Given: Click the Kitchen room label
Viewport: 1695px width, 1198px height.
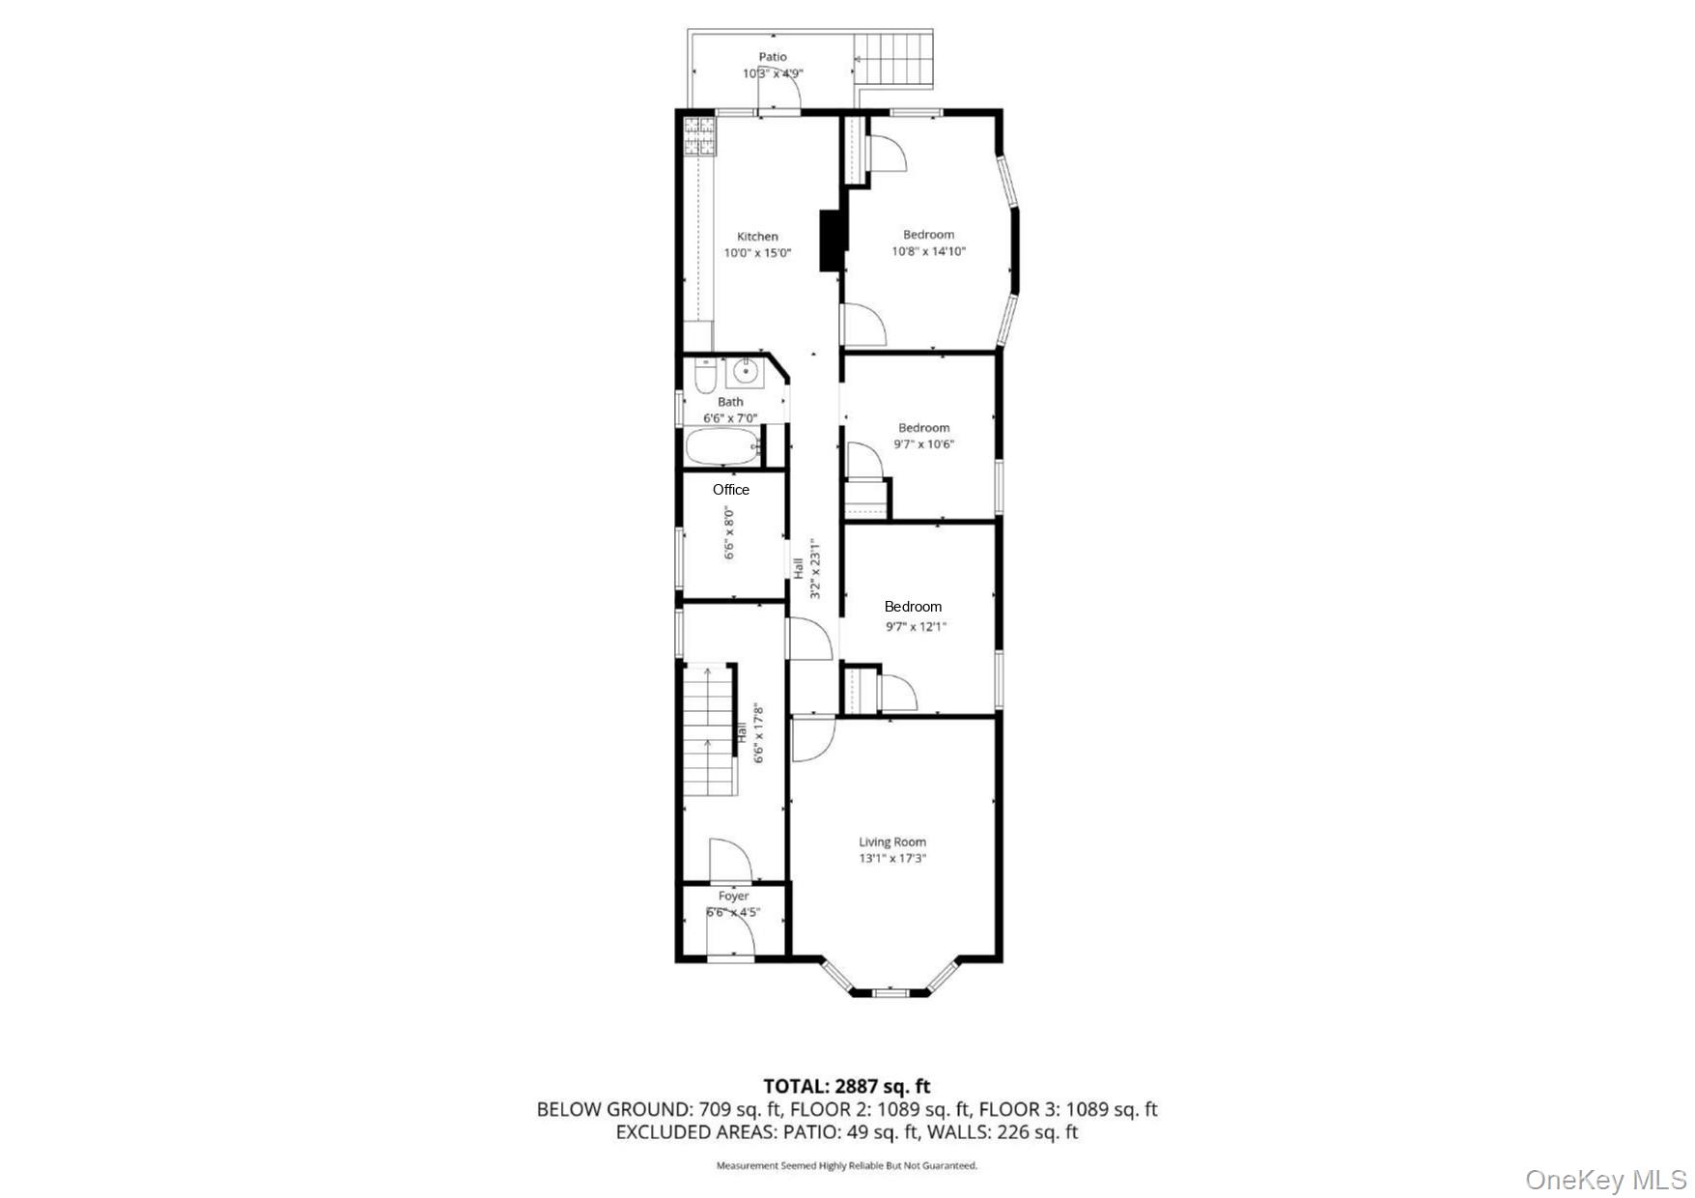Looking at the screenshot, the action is [757, 237].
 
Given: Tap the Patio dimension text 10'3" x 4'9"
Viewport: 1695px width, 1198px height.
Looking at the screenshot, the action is [773, 73].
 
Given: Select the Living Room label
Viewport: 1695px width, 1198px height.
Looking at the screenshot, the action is [892, 841].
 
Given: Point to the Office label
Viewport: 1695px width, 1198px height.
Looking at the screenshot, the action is [731, 490].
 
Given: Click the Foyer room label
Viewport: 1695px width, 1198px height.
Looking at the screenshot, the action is [733, 897].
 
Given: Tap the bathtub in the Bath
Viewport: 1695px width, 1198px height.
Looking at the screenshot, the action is [720, 446].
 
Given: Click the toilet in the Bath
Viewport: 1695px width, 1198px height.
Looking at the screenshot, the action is [705, 376].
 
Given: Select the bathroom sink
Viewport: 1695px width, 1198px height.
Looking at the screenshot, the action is [745, 371].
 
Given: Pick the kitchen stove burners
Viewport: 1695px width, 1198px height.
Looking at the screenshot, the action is [700, 136].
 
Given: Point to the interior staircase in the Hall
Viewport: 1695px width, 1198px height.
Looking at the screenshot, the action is [709, 729].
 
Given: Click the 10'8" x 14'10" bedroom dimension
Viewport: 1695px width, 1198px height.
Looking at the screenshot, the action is [928, 251].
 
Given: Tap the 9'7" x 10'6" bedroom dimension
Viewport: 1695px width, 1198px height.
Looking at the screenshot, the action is [924, 444].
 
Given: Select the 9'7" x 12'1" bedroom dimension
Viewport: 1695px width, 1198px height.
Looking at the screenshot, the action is [917, 626].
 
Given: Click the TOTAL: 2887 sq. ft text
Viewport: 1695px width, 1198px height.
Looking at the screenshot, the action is [847, 1087].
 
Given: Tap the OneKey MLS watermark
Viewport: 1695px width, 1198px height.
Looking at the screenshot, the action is [1606, 1180].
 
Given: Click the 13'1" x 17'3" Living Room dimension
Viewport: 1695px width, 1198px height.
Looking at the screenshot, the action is [892, 858].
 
